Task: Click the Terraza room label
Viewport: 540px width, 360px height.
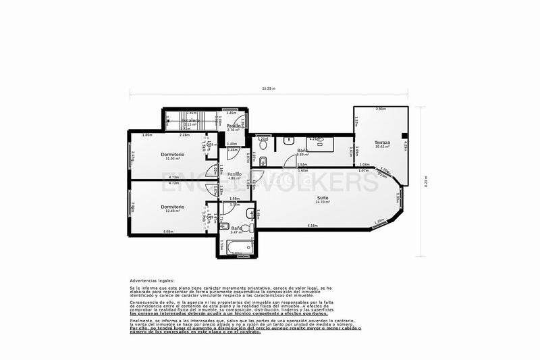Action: click(383, 143)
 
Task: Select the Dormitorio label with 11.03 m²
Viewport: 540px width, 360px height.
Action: click(173, 155)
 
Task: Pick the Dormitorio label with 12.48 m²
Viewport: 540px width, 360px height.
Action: click(173, 207)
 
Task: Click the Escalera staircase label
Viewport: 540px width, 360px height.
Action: click(189, 121)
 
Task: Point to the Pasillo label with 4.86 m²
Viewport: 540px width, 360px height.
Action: click(234, 175)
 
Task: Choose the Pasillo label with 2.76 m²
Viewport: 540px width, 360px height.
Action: click(234, 126)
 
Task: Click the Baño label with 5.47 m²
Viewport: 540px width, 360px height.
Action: click(237, 228)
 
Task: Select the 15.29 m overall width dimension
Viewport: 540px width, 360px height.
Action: click(268, 88)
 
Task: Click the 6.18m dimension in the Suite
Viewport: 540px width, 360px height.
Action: click(313, 226)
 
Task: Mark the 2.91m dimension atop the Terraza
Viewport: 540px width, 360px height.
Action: click(381, 109)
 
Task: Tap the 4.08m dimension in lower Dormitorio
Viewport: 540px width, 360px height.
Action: click(167, 232)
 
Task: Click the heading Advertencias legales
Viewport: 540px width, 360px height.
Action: click(152, 280)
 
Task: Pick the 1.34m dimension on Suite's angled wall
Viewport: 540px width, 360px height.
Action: click(379, 221)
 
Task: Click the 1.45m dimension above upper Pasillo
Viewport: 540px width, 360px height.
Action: click(231, 113)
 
